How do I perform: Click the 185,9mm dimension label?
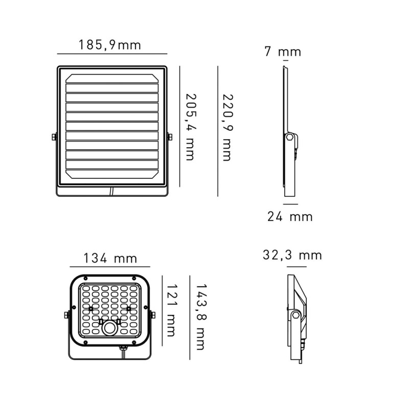[x=110, y=45]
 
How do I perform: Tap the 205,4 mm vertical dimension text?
[x=190, y=127]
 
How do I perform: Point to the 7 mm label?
[x=283, y=52]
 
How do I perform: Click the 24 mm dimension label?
[x=290, y=216]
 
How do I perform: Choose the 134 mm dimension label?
[x=110, y=258]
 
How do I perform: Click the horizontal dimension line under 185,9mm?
[x=112, y=54]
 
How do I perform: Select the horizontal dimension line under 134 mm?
[x=110, y=267]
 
